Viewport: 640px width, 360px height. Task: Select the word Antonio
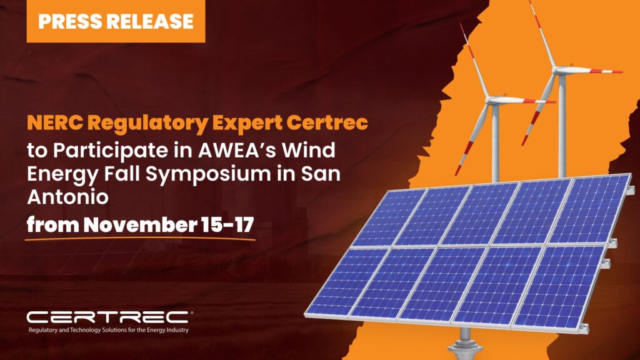click(67, 197)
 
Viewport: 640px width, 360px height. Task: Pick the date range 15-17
click(227, 225)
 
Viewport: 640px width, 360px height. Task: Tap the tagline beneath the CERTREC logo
click(109, 330)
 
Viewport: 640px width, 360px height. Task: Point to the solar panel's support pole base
click(465, 348)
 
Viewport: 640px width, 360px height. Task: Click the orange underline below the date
click(140, 239)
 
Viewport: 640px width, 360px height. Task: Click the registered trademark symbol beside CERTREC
click(191, 313)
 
